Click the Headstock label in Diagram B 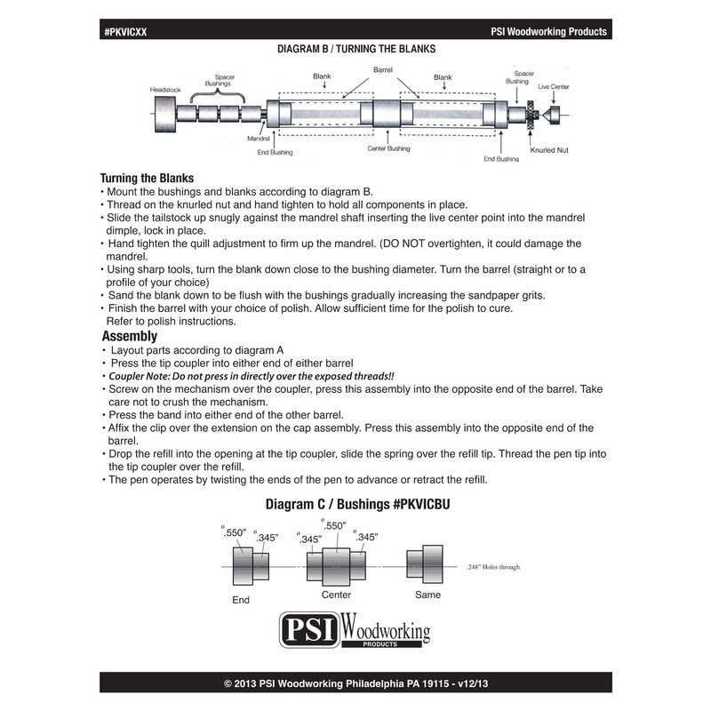(166, 89)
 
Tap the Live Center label (553, 86)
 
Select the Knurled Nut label (548, 151)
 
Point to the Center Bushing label (388, 148)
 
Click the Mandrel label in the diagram (258, 139)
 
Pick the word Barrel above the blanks (383, 68)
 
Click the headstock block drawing (164, 115)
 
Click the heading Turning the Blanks (147, 178)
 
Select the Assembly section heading (130, 336)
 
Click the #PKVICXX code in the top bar (127, 31)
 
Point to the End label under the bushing (241, 600)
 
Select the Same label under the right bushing (428, 594)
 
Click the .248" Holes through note (493, 566)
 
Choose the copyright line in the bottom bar (355, 684)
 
